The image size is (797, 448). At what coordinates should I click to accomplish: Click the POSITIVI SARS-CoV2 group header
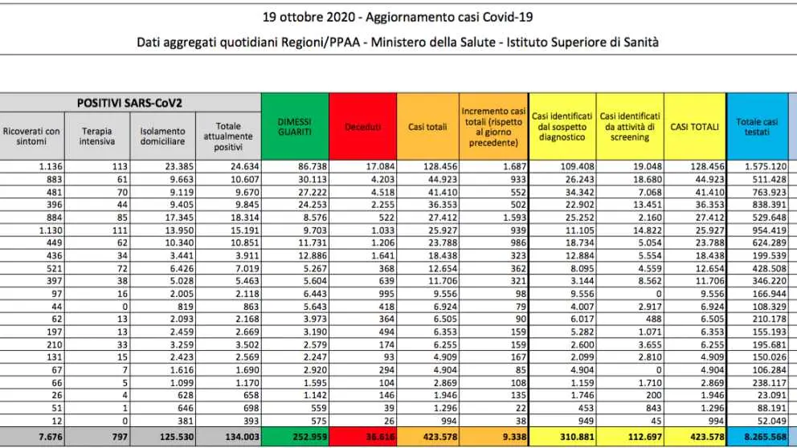point(129,103)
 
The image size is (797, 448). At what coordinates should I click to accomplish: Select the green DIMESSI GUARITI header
point(295,127)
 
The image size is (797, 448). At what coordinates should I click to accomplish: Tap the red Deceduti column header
point(363,127)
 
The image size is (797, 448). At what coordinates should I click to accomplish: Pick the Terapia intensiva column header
point(97,136)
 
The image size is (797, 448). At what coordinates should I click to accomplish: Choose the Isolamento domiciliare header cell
point(162,136)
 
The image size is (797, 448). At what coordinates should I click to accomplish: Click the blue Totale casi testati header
point(758,127)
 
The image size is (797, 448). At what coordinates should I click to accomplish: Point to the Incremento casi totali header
point(493,127)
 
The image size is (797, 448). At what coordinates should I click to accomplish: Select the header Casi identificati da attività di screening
point(630,127)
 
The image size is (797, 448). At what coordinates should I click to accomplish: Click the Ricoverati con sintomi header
point(31,136)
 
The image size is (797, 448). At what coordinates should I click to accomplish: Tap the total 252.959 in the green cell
point(309,436)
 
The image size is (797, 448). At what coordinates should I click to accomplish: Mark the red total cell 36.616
point(380,436)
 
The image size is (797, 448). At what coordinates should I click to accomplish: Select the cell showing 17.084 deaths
point(380,166)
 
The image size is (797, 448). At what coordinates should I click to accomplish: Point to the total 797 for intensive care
point(120,436)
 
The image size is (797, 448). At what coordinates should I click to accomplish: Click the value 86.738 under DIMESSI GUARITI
point(311,166)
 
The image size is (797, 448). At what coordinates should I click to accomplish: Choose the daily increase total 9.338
point(514,436)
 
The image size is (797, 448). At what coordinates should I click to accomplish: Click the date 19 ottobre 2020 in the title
point(309,18)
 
